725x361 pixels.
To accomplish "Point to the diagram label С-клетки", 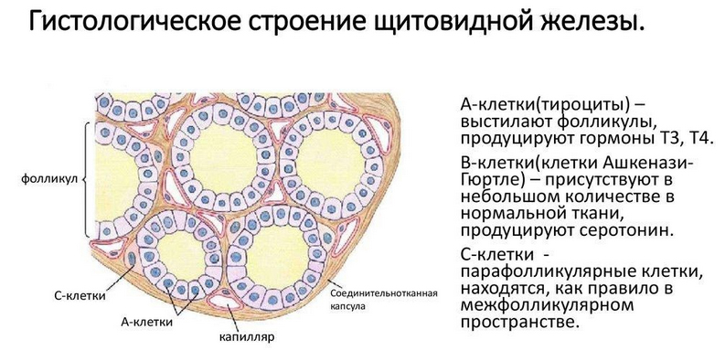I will [x=77, y=297].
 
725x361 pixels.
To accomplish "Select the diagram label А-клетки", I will [x=147, y=322].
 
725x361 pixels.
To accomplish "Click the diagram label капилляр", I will [x=246, y=336].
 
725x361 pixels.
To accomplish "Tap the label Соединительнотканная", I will [x=385, y=293].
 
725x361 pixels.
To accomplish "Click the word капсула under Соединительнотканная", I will [x=348, y=306].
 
